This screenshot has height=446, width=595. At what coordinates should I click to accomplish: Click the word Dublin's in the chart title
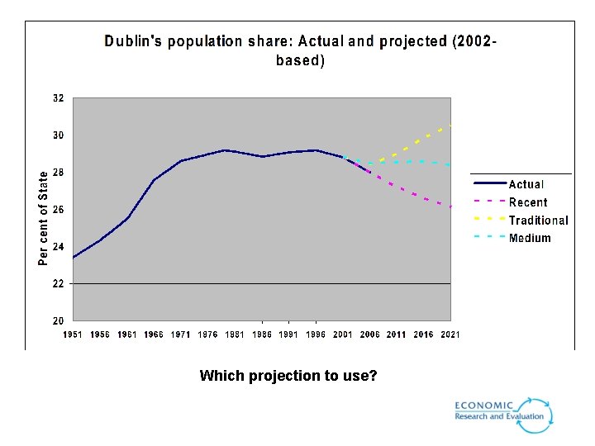tap(133, 41)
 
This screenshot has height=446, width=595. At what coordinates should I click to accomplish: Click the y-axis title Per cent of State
tap(43, 218)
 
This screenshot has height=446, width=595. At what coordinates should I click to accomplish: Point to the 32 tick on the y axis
tap(58, 98)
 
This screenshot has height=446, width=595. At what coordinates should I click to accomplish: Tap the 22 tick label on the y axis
tap(58, 283)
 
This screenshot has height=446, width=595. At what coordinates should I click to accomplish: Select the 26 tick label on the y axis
tap(58, 210)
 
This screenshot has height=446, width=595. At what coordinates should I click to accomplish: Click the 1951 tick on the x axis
tap(74, 334)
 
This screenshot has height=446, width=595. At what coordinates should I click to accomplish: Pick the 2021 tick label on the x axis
tap(450, 334)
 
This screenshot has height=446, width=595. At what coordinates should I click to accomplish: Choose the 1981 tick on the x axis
tap(236, 334)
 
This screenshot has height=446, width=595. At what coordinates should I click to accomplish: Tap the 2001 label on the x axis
tap(343, 334)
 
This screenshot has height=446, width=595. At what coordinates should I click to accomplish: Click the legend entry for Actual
tap(526, 184)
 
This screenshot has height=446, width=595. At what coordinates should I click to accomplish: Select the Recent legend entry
tap(528, 202)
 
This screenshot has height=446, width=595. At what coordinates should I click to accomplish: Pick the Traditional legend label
tap(538, 221)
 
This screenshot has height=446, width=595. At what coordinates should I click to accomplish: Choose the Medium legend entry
tap(530, 239)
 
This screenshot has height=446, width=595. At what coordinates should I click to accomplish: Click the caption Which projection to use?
tap(288, 377)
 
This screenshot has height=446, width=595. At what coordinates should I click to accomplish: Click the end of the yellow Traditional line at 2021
tap(450, 126)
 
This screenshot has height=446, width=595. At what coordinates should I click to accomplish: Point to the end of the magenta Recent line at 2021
tap(450, 206)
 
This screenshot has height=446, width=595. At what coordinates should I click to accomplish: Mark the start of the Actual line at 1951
tap(74, 258)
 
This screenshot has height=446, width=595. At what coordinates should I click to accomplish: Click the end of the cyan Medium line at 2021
tap(450, 165)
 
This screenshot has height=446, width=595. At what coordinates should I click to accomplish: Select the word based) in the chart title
tap(300, 61)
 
